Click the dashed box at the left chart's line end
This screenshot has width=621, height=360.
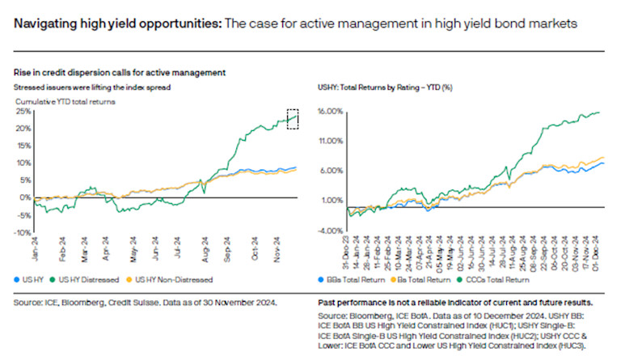click(x=293, y=118)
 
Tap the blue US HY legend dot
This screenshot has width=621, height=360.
click(x=19, y=278)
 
